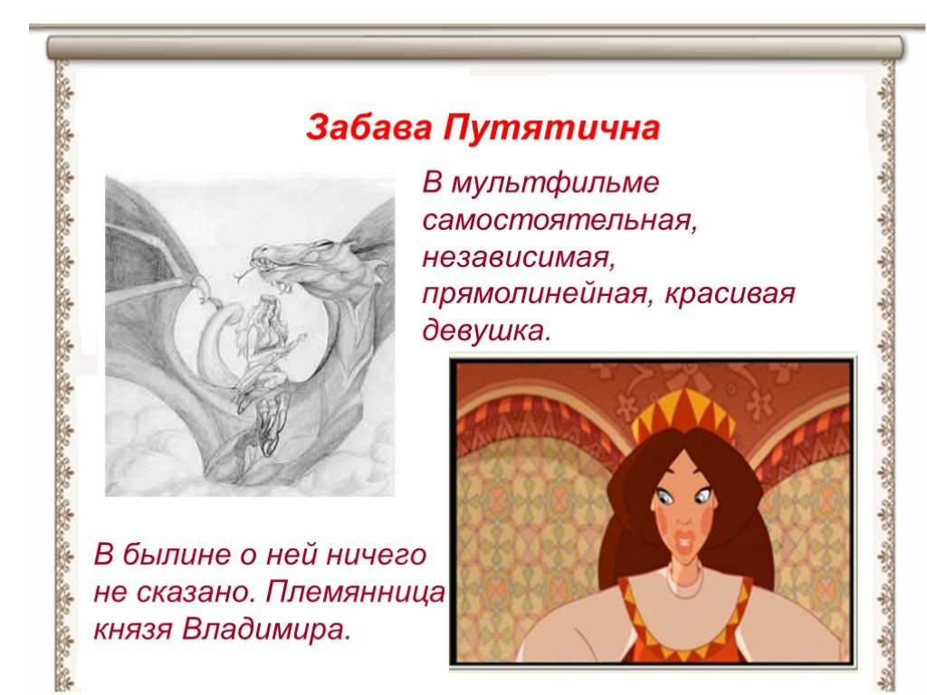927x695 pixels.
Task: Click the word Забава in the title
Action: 369,128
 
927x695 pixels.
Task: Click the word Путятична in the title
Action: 551,128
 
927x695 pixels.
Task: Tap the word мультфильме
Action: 554,183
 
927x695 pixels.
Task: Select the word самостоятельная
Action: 559,221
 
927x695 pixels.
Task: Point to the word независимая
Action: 519,258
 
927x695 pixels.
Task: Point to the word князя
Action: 132,630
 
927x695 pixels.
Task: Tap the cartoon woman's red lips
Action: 685,540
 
